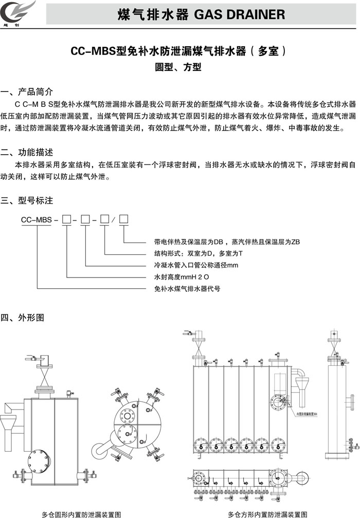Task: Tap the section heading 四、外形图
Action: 23,318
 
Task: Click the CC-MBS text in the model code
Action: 36,219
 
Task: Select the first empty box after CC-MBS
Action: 66,219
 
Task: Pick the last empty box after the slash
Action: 123,219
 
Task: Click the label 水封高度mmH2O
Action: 182,277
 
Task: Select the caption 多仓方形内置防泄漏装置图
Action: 268,513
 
